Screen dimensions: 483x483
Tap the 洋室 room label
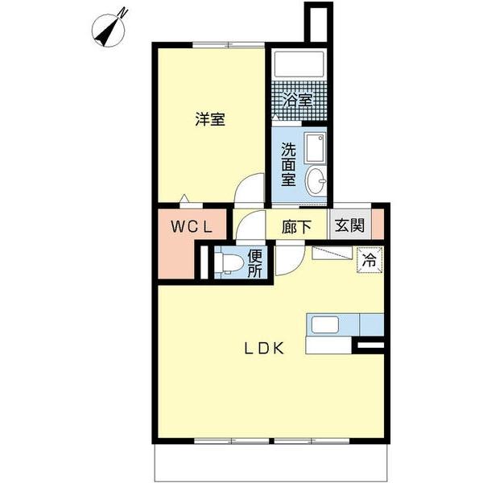[209, 120]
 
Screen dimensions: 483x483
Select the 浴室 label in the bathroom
[299, 101]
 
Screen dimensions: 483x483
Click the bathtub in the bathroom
[299, 64]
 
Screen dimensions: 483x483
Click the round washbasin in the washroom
[318, 180]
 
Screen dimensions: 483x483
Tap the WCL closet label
[190, 227]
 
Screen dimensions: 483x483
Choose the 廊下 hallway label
[296, 227]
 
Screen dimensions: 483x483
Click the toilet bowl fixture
[230, 262]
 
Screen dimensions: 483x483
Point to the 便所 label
[254, 264]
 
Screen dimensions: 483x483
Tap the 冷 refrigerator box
[369, 260]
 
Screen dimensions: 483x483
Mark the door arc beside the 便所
[287, 262]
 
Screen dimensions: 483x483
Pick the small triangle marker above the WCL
[185, 198]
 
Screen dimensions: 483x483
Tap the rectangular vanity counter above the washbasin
[316, 150]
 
